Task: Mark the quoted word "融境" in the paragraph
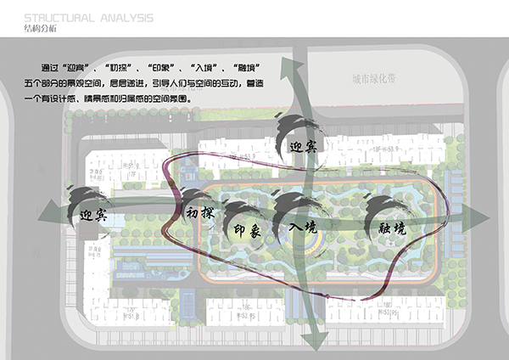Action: [250, 67]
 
